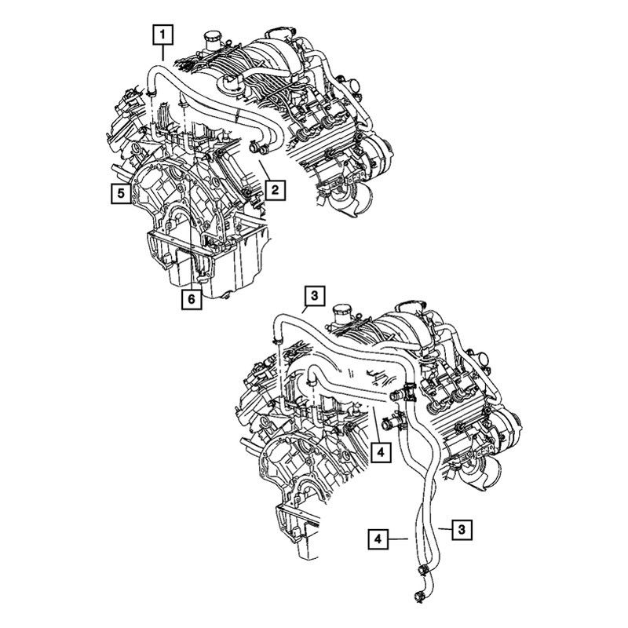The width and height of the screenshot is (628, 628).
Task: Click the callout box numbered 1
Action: click(x=162, y=35)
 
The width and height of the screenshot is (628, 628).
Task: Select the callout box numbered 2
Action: click(x=275, y=190)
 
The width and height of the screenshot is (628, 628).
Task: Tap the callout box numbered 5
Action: click(x=121, y=194)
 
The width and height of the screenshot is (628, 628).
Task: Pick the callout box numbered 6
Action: click(x=192, y=299)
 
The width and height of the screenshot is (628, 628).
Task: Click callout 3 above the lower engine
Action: click(x=315, y=296)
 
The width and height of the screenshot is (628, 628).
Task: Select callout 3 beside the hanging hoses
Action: click(x=462, y=530)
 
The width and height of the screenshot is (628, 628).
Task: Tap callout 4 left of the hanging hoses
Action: click(x=378, y=539)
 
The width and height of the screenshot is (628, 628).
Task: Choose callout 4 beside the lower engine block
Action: click(x=381, y=453)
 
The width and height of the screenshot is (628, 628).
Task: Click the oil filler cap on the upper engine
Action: click(x=210, y=40)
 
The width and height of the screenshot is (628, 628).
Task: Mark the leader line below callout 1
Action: click(x=163, y=53)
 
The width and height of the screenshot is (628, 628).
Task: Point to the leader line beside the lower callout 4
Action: click(x=398, y=539)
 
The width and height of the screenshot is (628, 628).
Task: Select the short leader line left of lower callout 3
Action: click(x=445, y=529)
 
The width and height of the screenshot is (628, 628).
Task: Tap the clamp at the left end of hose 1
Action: click(x=151, y=94)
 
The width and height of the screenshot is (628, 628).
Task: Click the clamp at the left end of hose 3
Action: click(x=276, y=341)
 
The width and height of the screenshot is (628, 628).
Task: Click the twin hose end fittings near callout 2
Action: click(x=259, y=148)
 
